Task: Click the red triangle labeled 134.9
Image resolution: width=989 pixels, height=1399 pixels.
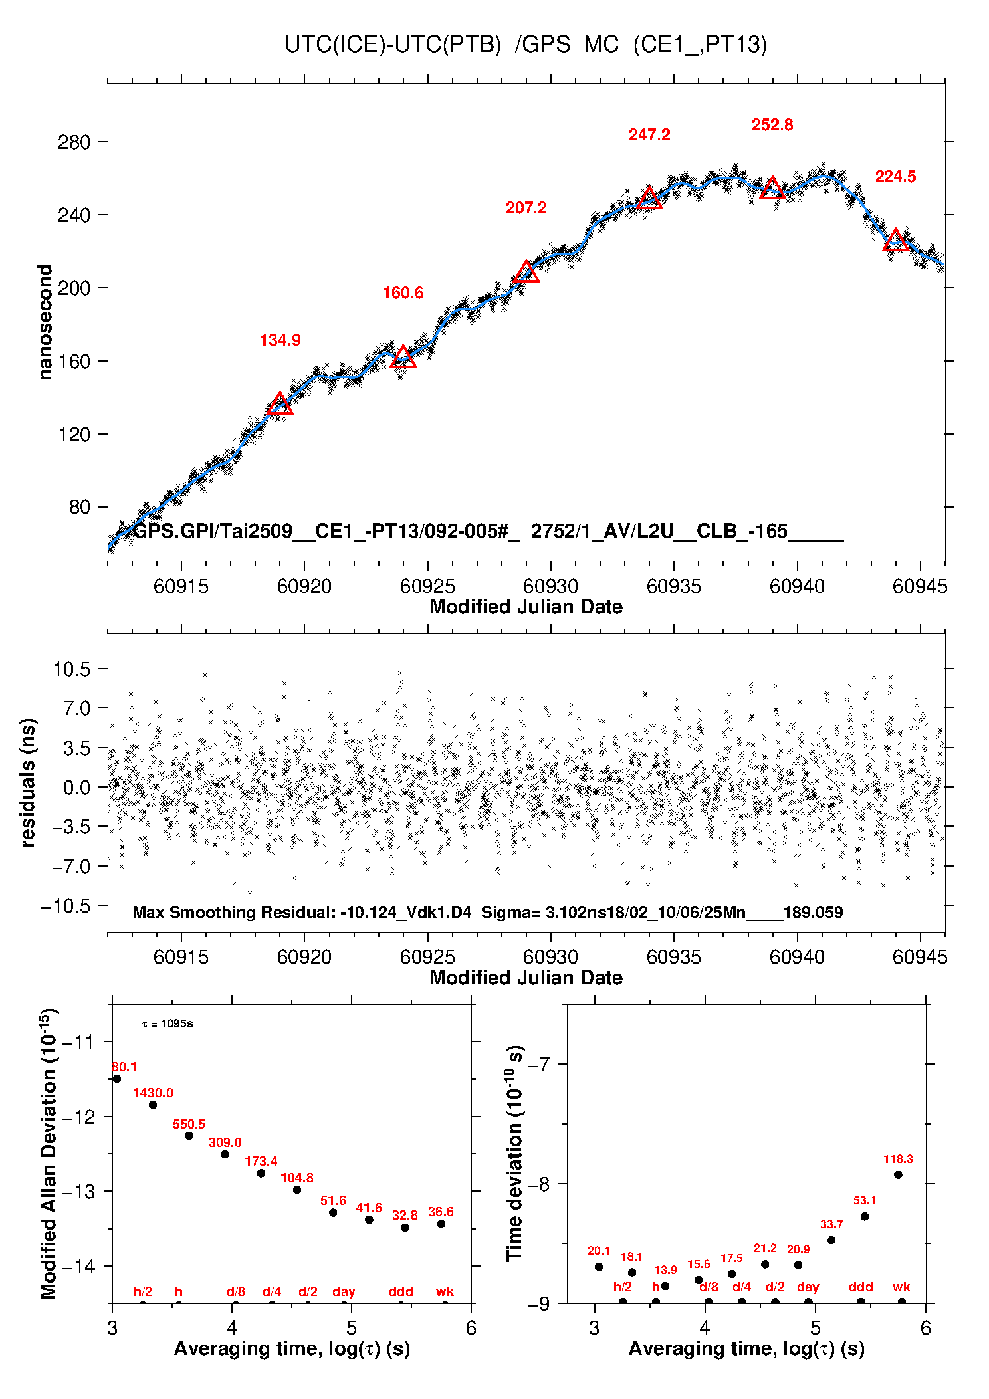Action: tap(280, 404)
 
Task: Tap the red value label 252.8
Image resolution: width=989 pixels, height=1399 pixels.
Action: tap(772, 125)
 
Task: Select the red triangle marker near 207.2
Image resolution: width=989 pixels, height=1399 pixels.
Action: tap(526, 272)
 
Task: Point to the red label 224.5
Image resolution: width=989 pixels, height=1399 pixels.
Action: tap(895, 177)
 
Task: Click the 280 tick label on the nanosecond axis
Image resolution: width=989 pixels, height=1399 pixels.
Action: tap(74, 142)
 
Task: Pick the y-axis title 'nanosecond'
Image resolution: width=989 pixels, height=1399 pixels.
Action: tap(45, 322)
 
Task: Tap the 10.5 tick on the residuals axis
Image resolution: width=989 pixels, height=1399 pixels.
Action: tap(72, 669)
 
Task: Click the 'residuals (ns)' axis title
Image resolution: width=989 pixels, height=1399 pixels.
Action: tap(28, 782)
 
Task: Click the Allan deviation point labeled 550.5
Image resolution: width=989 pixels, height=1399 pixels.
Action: tap(189, 1136)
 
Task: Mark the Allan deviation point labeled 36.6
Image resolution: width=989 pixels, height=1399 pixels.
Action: tap(441, 1224)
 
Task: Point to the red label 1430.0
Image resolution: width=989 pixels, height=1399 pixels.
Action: tap(153, 1093)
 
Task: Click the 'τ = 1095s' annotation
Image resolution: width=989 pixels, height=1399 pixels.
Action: tap(167, 1024)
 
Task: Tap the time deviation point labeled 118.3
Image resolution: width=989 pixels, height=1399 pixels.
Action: tap(898, 1175)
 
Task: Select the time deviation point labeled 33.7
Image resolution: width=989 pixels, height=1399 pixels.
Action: tap(831, 1240)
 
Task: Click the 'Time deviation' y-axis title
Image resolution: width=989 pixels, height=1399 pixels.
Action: tap(515, 1154)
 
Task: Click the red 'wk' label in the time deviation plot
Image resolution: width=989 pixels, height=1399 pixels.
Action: tap(901, 1287)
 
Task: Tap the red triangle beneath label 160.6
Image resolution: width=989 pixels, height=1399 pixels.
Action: tap(403, 358)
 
